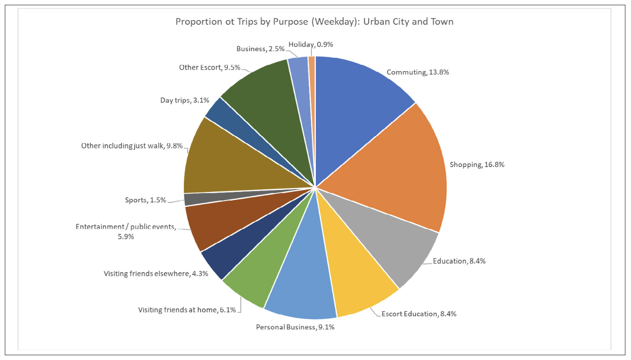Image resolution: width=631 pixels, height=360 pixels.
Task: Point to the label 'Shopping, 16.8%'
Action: [x=477, y=164]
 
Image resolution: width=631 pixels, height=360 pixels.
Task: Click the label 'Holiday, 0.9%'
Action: [x=311, y=44]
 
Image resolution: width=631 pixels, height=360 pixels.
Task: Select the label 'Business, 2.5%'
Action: [x=261, y=49]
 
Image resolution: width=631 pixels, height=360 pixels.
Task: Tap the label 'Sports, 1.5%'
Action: [x=142, y=200]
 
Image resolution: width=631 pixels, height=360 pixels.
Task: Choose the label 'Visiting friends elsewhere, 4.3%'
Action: [x=156, y=274]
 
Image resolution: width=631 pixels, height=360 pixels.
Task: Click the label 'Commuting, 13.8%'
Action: [x=418, y=72]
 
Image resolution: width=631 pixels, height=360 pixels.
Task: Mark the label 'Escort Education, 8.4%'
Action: [x=419, y=314]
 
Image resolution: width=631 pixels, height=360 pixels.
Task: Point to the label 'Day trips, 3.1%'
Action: [x=185, y=100]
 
